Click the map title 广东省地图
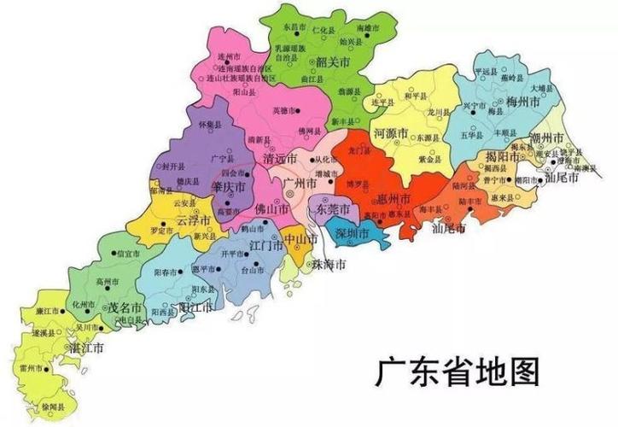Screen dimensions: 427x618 pyautogui.click(x=457, y=372)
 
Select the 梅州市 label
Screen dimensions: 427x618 pyautogui.click(x=523, y=102)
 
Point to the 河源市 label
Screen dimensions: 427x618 pyautogui.click(x=394, y=135)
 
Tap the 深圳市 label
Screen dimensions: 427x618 pyautogui.click(x=351, y=234)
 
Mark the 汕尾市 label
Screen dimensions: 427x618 pyautogui.click(x=450, y=228)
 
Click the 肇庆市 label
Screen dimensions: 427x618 pyautogui.click(x=230, y=186)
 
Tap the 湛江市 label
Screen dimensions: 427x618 pyautogui.click(x=86, y=348)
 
